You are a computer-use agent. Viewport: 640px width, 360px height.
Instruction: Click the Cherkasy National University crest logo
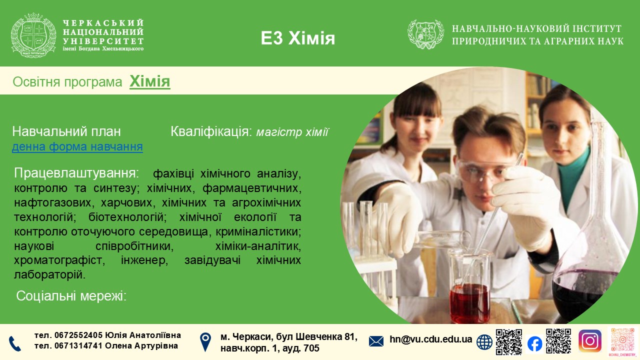tap(33, 35)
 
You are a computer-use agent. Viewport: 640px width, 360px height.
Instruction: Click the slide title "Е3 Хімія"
tap(297, 38)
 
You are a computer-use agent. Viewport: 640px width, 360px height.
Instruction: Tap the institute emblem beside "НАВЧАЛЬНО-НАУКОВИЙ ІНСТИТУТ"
tap(425, 34)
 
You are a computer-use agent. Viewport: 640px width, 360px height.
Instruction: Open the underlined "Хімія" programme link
tap(149, 81)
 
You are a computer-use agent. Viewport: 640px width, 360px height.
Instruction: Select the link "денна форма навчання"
tap(77, 146)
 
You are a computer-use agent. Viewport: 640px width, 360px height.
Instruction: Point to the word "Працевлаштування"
tap(76, 173)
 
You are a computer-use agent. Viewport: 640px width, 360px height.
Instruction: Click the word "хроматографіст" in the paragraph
tap(59, 260)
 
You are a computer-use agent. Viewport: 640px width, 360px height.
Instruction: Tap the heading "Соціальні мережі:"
tap(71, 296)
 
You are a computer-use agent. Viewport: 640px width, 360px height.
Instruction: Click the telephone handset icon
tap(14, 343)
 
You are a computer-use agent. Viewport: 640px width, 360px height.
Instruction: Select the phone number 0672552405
tap(78, 335)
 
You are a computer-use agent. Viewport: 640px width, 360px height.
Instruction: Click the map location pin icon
tap(205, 342)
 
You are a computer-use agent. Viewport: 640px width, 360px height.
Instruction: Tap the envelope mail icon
tap(376, 341)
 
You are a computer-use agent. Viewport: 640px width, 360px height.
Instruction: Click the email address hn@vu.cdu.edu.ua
tap(430, 339)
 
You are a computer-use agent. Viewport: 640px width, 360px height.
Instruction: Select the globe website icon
tap(484, 342)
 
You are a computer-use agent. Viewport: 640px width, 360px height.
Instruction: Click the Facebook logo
tap(535, 343)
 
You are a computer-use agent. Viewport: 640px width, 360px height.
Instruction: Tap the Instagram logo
tap(590, 341)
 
